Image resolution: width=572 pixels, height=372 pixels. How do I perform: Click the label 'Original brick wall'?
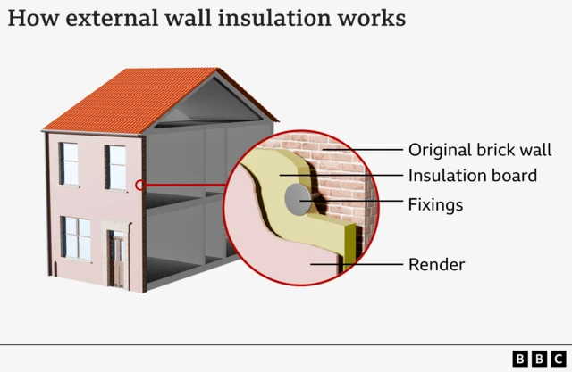(x=479, y=150)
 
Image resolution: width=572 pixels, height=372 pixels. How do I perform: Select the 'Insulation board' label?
(x=472, y=176)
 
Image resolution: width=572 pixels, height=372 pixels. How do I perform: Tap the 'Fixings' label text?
(x=435, y=204)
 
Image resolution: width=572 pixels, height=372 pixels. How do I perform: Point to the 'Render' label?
(x=436, y=264)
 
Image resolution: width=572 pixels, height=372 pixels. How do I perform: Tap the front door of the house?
(x=115, y=259)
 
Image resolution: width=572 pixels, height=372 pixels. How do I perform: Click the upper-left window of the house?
(x=69, y=163)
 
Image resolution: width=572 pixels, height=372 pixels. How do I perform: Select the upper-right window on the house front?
(x=116, y=167)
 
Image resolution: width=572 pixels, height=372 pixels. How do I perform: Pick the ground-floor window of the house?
(x=76, y=237)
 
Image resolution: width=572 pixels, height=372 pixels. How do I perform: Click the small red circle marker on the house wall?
(x=139, y=186)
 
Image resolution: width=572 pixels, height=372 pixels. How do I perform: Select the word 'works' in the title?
(x=374, y=18)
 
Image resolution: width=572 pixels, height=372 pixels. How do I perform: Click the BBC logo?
(x=539, y=358)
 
